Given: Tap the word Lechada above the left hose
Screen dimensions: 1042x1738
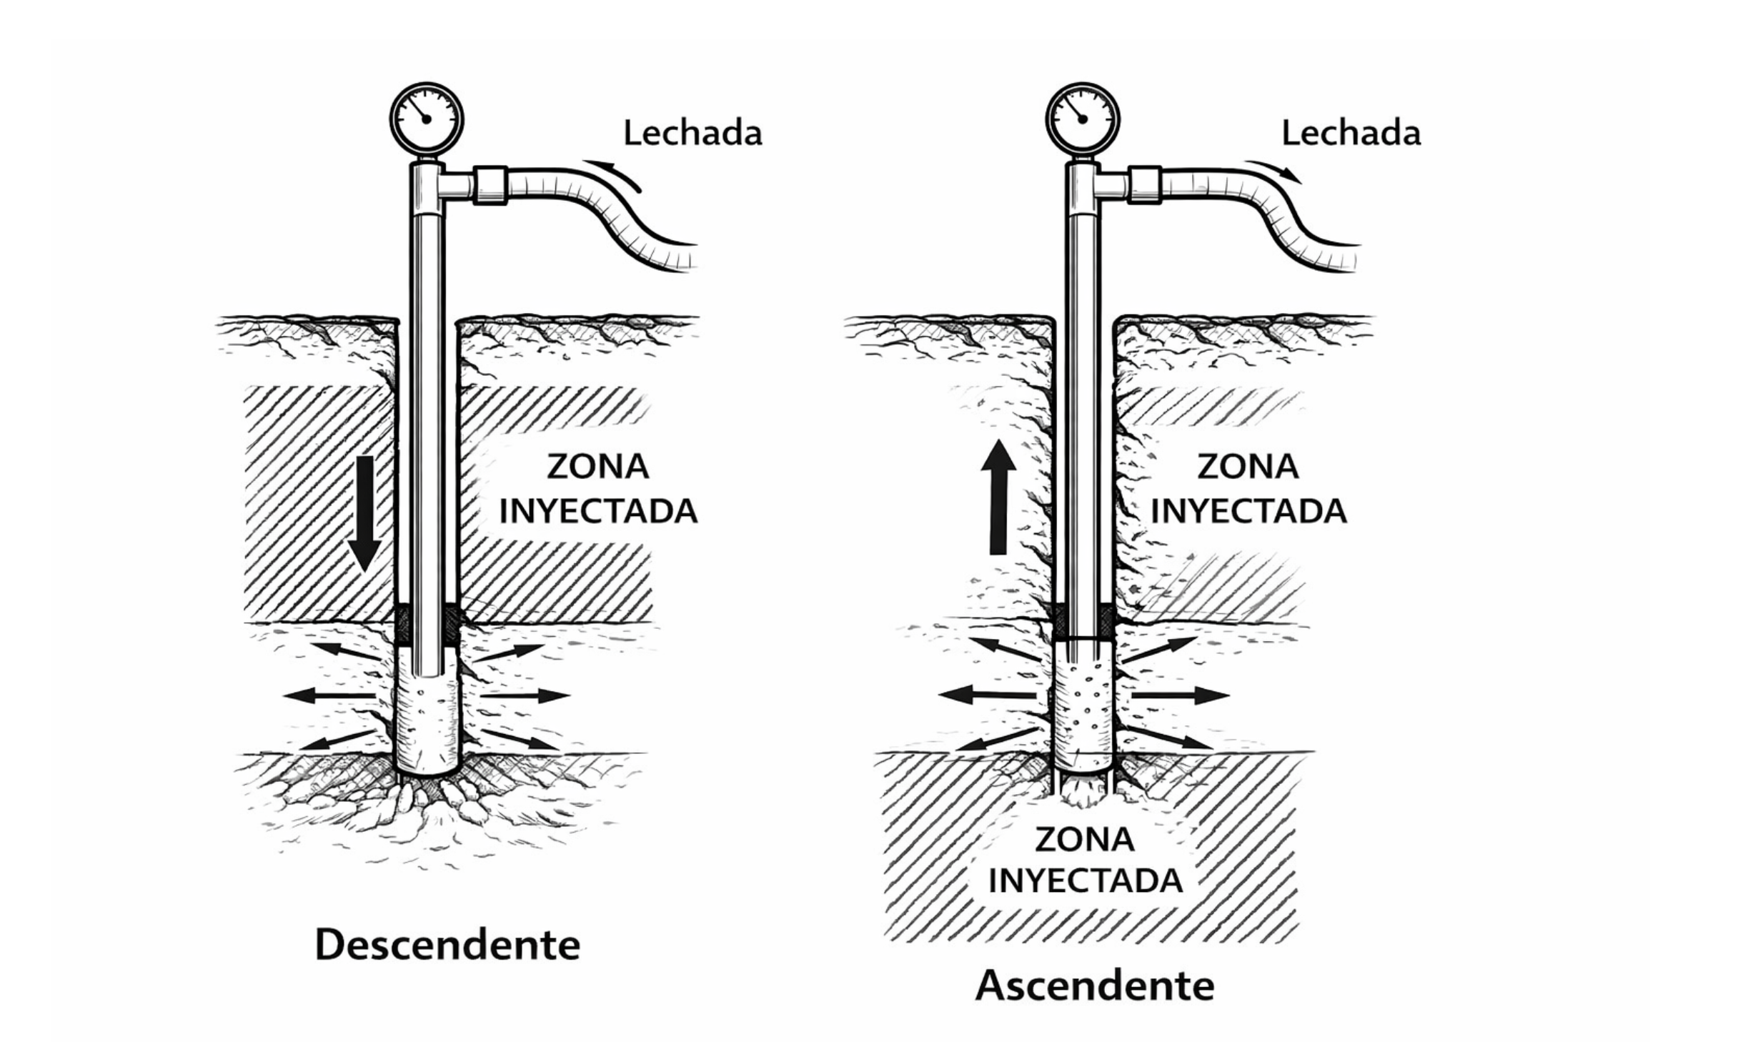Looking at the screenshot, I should (692, 134).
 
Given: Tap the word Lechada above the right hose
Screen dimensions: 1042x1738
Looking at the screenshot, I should (1351, 134).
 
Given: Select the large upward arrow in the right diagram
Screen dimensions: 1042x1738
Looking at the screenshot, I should (998, 497).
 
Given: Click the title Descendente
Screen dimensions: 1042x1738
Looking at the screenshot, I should (447, 945).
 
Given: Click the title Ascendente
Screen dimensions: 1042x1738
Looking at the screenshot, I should (1095, 986).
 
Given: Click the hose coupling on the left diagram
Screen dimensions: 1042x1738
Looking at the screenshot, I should (491, 185).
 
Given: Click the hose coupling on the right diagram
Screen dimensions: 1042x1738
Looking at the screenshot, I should (1144, 185).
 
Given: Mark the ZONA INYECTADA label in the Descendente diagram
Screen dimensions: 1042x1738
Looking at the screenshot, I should (598, 490).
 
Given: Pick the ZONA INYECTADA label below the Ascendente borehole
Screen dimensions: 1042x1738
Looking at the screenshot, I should (1085, 860).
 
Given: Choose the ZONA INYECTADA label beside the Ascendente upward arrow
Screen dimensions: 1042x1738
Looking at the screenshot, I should (1248, 490).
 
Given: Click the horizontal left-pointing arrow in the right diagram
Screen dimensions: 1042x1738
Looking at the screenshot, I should (987, 693).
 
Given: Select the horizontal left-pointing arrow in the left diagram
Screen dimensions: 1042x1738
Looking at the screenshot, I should (328, 695).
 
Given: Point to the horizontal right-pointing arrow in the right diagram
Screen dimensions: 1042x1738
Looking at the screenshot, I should (1179, 695).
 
